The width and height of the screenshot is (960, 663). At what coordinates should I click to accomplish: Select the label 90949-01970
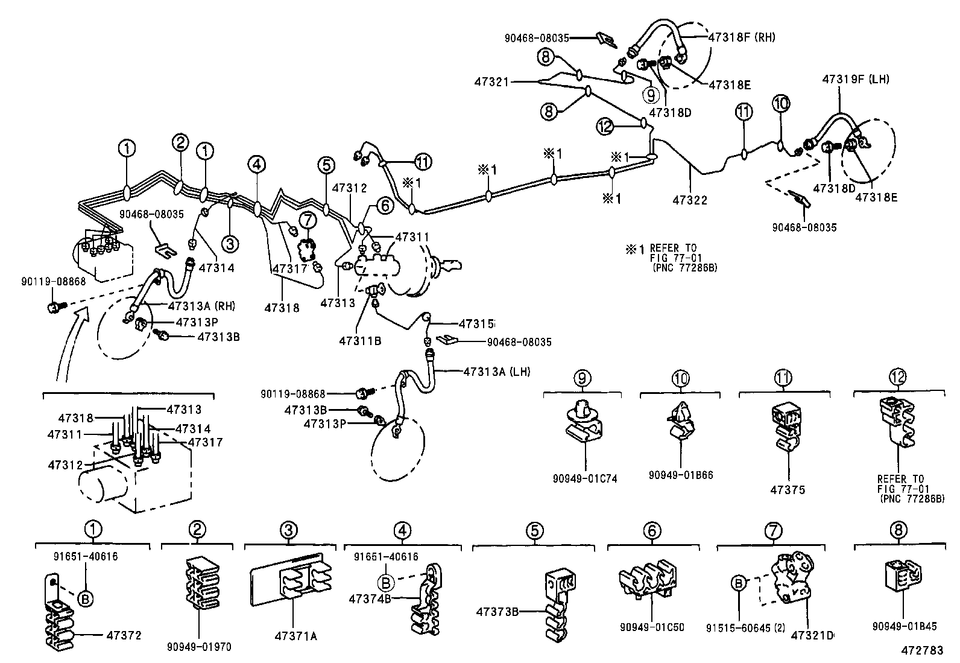(199, 647)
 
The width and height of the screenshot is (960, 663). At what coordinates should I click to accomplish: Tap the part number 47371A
(295, 636)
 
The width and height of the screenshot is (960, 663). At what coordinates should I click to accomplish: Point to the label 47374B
(370, 598)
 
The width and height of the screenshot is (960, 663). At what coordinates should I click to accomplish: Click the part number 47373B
(497, 612)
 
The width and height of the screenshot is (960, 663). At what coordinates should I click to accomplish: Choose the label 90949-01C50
(652, 627)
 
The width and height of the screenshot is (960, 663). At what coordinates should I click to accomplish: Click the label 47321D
(812, 635)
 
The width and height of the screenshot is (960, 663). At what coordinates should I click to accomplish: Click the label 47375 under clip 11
(787, 490)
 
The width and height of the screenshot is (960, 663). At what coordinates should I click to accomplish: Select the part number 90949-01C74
(584, 478)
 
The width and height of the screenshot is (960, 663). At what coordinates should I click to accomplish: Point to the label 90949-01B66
(681, 475)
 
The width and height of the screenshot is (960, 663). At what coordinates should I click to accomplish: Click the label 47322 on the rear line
(690, 200)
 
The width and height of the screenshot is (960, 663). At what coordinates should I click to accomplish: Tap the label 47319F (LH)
(855, 79)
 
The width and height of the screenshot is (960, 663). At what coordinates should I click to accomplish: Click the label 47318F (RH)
(742, 37)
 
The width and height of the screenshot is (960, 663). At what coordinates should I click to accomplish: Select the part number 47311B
(360, 341)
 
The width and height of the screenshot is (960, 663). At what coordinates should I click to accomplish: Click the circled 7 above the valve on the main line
(308, 221)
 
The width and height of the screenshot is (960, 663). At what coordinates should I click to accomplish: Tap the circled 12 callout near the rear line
(605, 126)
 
